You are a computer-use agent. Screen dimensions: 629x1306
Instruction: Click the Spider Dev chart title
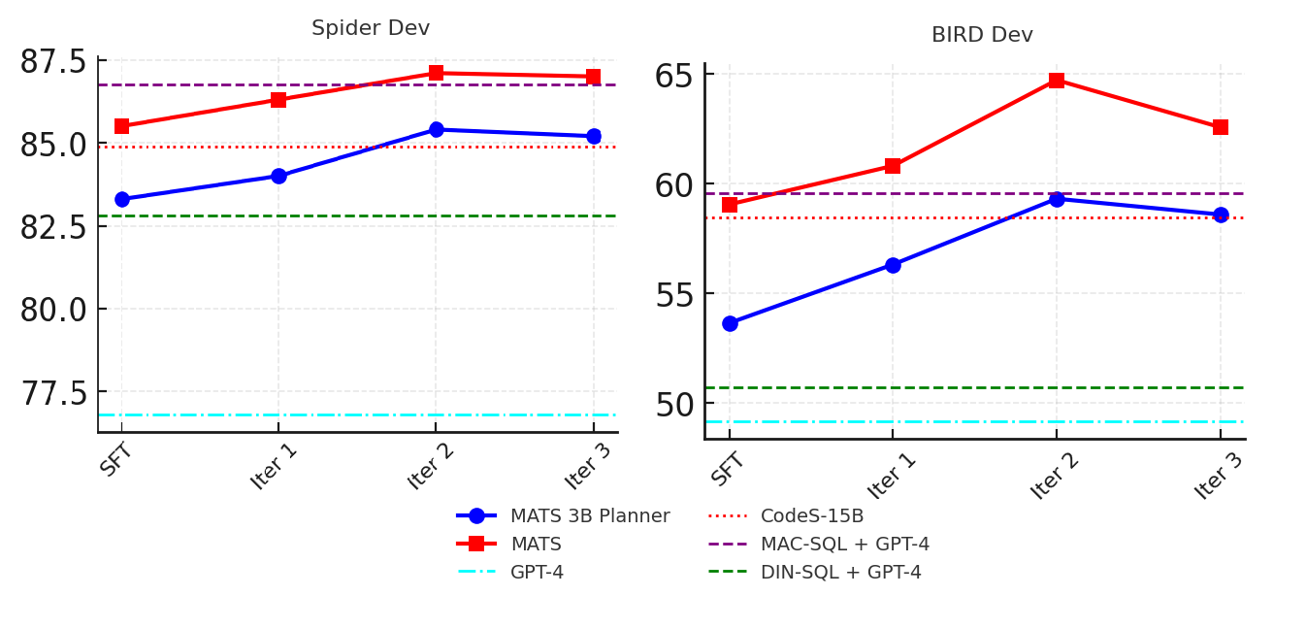click(371, 28)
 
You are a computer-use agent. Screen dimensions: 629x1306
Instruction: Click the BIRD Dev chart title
click(982, 35)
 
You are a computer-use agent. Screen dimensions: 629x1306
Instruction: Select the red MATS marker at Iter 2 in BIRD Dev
click(1057, 80)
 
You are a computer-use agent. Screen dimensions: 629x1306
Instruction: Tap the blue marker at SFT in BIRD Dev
click(730, 323)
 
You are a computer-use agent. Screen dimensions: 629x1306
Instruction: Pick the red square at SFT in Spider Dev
click(122, 126)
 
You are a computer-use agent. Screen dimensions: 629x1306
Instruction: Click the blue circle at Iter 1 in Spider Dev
click(278, 176)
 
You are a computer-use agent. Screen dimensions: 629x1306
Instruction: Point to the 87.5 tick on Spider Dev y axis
click(65, 61)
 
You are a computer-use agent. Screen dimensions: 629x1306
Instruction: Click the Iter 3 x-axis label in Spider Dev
click(589, 467)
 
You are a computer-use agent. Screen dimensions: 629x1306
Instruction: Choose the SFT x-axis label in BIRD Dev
click(728, 470)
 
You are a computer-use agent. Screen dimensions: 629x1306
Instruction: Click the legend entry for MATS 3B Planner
click(589, 516)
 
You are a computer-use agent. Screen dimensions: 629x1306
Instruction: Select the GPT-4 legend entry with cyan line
click(537, 573)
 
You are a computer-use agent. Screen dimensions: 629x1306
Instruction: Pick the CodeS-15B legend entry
click(811, 516)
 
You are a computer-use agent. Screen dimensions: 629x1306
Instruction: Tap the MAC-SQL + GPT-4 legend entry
click(844, 545)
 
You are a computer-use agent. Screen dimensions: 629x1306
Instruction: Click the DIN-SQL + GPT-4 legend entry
click(840, 573)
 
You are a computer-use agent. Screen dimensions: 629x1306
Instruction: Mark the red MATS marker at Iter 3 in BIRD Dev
click(1220, 127)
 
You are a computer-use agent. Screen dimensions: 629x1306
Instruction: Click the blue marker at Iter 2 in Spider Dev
click(436, 129)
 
